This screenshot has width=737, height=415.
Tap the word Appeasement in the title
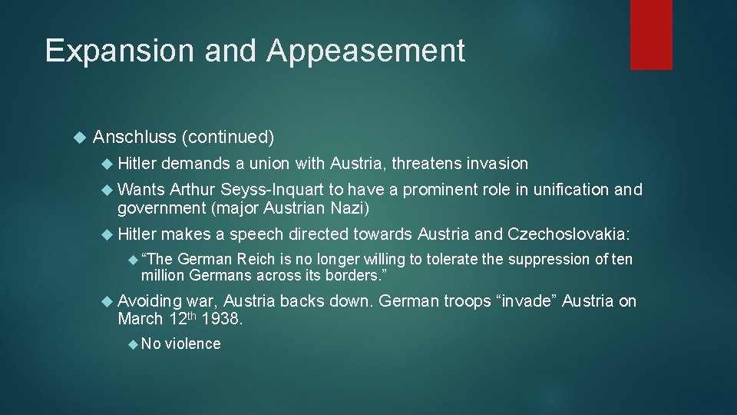point(366,51)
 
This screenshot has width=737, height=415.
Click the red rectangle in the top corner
point(651,34)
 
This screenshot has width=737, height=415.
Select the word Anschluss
point(134,138)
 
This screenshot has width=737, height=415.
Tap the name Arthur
point(193,189)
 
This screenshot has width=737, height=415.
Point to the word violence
point(193,344)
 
